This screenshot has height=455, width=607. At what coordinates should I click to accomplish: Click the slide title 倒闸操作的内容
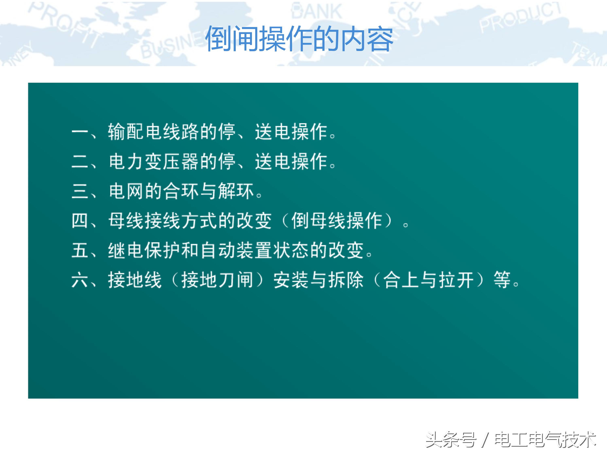299,39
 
